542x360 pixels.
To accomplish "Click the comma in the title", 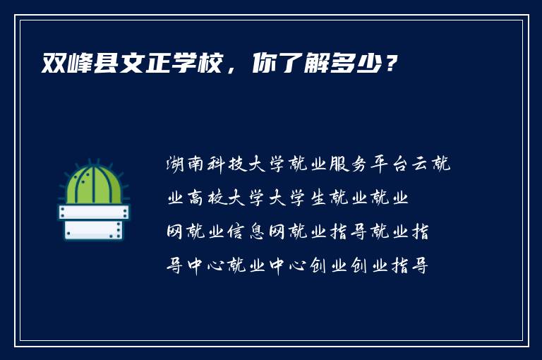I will (233, 69).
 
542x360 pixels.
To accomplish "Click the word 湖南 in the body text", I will (186, 165).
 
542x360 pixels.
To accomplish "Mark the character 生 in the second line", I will (320, 199).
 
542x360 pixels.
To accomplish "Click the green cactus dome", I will (93, 186).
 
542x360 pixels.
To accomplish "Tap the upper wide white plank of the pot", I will (93, 212).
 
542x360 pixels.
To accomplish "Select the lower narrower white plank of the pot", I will (93, 229).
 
